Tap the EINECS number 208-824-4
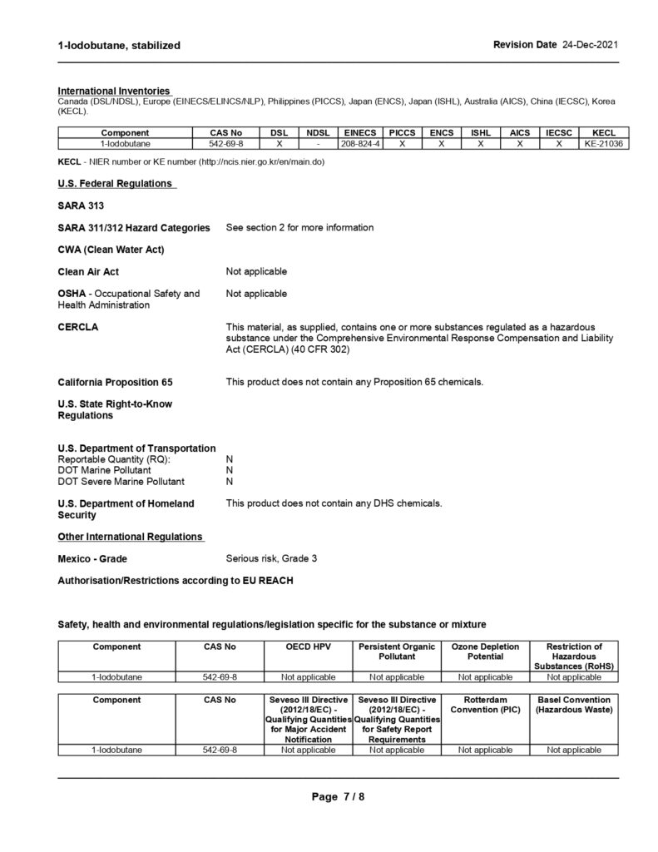click(361, 144)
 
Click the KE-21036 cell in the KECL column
click(603, 144)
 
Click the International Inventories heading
click(114, 90)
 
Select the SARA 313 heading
click(81, 205)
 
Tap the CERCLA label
click(78, 327)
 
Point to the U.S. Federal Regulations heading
click(116, 183)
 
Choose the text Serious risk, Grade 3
click(271, 557)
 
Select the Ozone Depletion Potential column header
click(485, 651)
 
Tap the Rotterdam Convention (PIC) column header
click(485, 705)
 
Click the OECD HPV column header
click(309, 646)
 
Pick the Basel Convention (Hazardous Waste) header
click(573, 705)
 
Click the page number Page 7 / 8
click(338, 796)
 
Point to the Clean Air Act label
click(88, 271)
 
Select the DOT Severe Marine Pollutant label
click(121, 482)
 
